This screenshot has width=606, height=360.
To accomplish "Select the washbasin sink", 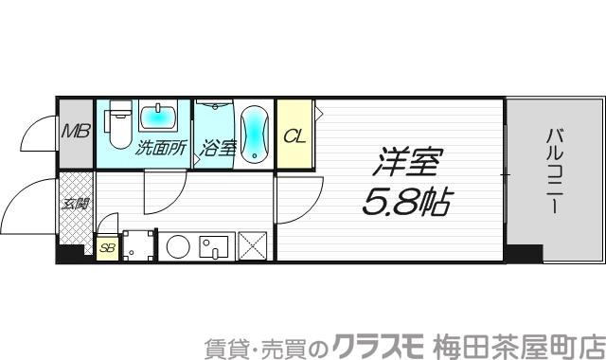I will pos(159,117).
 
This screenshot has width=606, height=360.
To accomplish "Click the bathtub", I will pos(255,134).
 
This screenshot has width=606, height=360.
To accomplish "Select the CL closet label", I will pos(294,136).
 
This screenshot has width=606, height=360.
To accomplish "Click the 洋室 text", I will pos(408,162).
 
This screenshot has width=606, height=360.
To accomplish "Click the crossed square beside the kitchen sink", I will pos(254,246).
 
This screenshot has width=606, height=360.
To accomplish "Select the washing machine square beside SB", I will pos(138,246).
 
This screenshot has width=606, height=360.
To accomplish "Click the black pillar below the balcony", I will pos(523,253).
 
